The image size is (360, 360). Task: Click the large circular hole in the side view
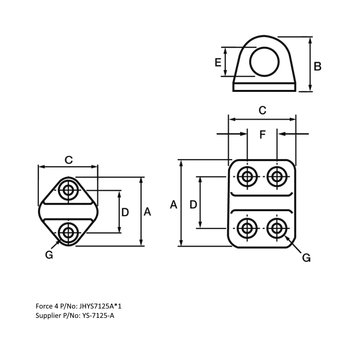[x=265, y=62]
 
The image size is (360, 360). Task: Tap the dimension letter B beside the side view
[x=317, y=66]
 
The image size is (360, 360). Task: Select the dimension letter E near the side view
[x=218, y=63]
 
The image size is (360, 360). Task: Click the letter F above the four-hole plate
[x=262, y=135]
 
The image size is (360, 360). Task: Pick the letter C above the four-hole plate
[x=262, y=111]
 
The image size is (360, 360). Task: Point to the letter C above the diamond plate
[x=68, y=160]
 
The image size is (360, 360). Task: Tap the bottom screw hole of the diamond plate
[x=68, y=233]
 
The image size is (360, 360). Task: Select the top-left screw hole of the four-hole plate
[x=247, y=176]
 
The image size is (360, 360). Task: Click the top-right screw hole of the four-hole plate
[x=277, y=176]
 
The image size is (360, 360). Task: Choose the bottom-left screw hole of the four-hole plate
[x=247, y=228]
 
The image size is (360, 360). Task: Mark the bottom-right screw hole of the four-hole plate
[x=277, y=228]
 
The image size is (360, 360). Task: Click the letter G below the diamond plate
[x=49, y=255]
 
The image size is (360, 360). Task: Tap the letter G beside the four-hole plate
[x=306, y=258]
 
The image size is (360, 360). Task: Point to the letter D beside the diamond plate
[x=125, y=212]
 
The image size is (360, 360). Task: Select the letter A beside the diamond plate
[x=147, y=212]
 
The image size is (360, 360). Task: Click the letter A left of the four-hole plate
[x=174, y=205]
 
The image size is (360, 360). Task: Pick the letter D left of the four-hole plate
[x=193, y=205]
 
